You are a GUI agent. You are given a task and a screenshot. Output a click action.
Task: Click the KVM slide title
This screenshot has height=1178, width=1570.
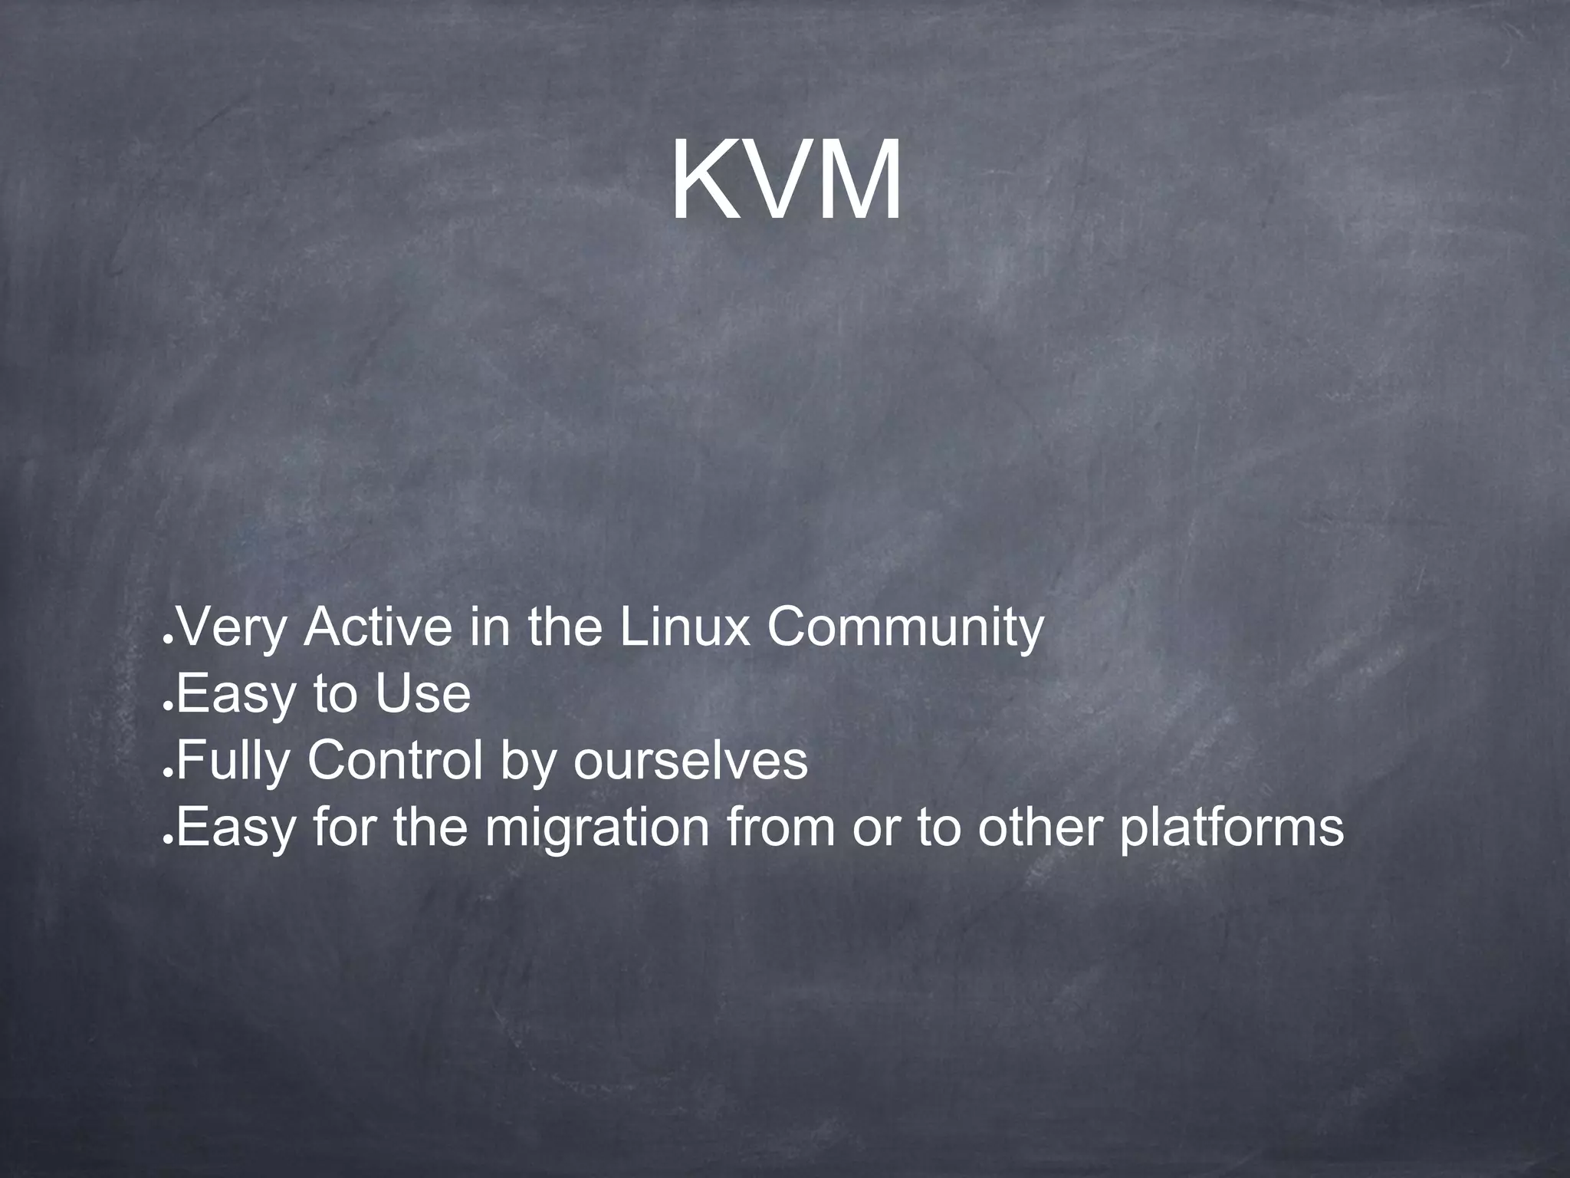pyautogui.click(x=787, y=181)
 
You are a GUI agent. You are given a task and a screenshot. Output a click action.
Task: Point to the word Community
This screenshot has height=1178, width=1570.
pyautogui.click(x=905, y=628)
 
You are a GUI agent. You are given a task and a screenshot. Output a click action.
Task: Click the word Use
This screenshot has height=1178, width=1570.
pyautogui.click(x=422, y=694)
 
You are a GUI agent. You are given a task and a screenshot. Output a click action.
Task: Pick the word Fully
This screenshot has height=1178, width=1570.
pyautogui.click(x=234, y=762)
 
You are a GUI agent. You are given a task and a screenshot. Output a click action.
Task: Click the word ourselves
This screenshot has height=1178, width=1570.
pyautogui.click(x=690, y=762)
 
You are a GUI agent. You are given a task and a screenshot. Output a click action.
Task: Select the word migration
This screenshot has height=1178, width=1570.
pyautogui.click(x=596, y=828)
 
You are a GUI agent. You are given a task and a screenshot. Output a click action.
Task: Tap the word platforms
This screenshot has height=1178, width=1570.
pyautogui.click(x=1232, y=828)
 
